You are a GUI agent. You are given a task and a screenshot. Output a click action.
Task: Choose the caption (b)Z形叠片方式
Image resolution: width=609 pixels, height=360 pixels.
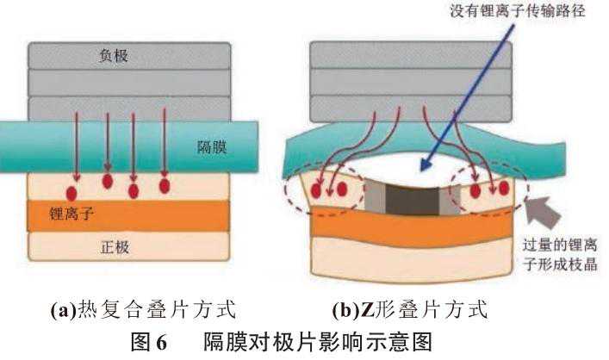point(410,308)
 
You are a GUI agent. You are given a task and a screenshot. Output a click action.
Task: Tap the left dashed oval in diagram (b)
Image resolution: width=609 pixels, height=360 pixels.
point(328,189)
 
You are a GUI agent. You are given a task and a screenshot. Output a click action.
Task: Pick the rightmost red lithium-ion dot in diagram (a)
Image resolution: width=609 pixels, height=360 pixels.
point(165,184)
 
